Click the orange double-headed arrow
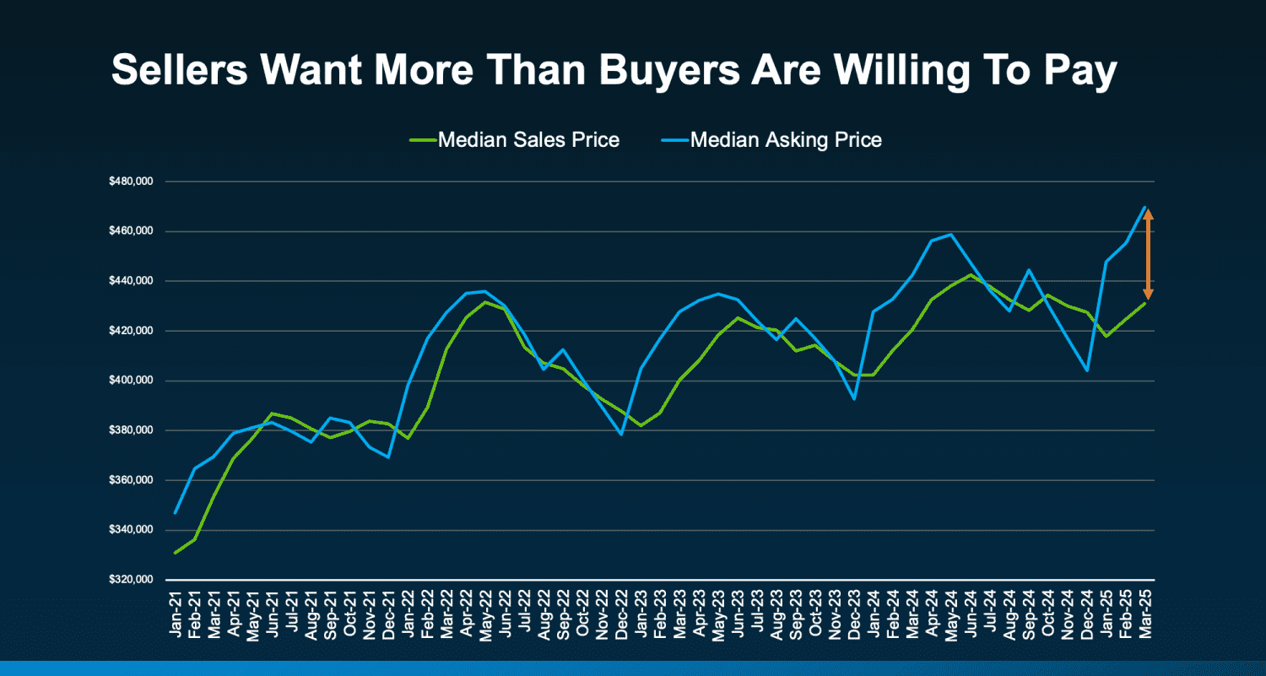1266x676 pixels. pos(1148,253)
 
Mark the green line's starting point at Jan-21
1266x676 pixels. pos(175,553)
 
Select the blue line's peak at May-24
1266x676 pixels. pos(951,235)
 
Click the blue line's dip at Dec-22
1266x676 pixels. pos(621,435)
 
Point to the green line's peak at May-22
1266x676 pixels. pos(485,302)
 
